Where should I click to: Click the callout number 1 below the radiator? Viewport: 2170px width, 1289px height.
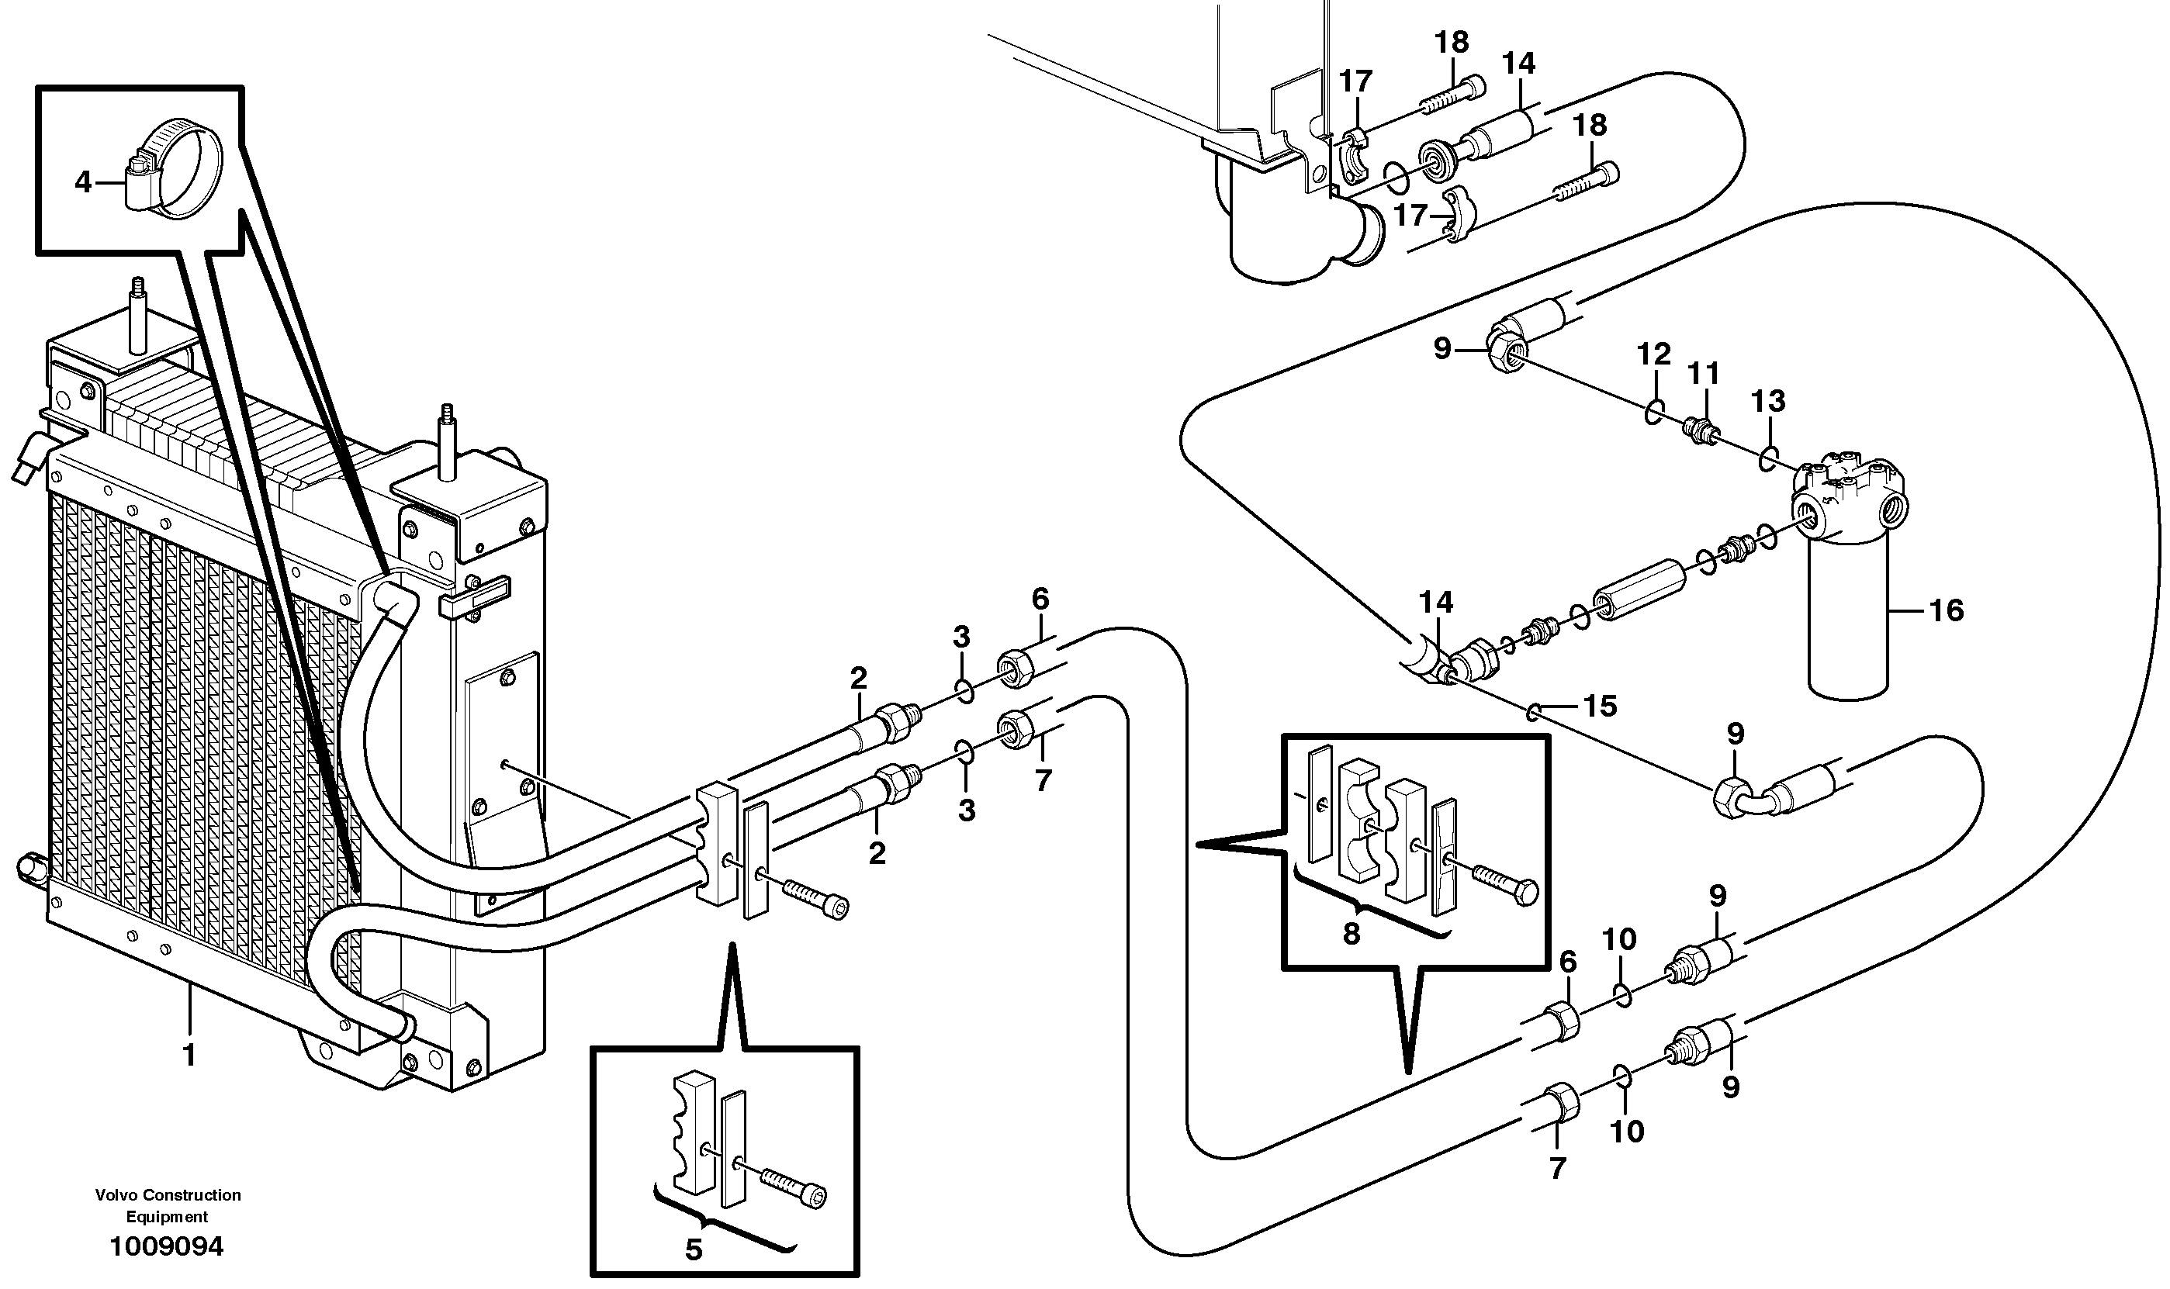(x=189, y=1056)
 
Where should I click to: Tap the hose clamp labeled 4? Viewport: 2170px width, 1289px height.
(x=173, y=168)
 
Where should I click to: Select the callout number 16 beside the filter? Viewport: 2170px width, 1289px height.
(x=1946, y=610)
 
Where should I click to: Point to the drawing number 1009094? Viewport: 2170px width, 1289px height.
(x=166, y=1246)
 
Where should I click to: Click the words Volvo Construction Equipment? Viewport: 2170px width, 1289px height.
(x=168, y=1205)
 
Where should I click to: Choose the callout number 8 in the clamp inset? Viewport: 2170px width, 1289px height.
(x=1351, y=933)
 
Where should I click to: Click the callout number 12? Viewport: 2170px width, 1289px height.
(x=1653, y=354)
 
